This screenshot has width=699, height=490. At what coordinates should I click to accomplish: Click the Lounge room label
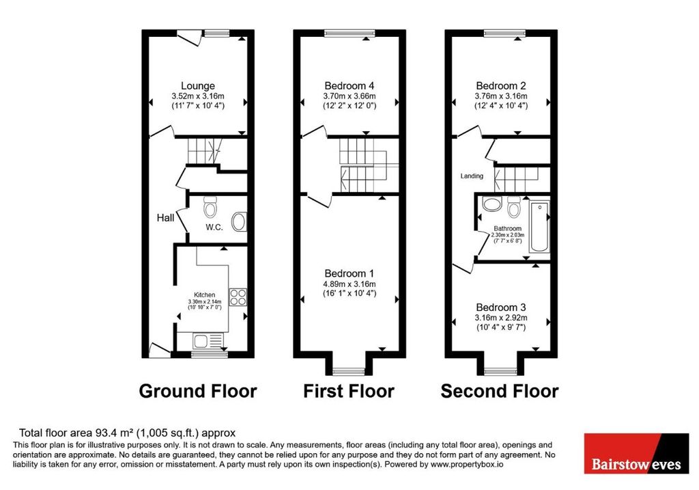tap(197, 85)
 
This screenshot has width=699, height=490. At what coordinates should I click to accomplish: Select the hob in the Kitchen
tap(238, 297)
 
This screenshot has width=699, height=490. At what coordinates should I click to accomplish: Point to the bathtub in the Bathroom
tap(539, 227)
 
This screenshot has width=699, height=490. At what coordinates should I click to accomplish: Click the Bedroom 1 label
tap(349, 273)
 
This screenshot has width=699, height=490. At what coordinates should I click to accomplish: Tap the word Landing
tap(472, 176)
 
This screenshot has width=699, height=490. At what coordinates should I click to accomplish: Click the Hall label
tap(165, 218)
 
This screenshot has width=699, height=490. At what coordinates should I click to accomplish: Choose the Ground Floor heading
tap(198, 391)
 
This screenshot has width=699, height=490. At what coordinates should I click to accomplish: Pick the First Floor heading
tap(349, 391)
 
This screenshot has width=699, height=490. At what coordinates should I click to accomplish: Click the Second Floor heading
tap(500, 391)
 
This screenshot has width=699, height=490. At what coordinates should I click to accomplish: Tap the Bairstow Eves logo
tap(636, 453)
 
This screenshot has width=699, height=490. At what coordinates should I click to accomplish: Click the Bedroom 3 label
tap(500, 308)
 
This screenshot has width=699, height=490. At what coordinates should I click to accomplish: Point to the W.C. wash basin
tap(239, 221)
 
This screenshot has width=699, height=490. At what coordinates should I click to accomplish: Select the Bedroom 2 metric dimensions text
tap(500, 96)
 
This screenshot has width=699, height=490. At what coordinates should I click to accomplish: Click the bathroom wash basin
tap(491, 204)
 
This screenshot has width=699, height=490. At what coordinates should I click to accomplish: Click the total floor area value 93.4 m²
tap(115, 433)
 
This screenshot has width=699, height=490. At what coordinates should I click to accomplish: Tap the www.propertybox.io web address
tap(467, 465)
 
